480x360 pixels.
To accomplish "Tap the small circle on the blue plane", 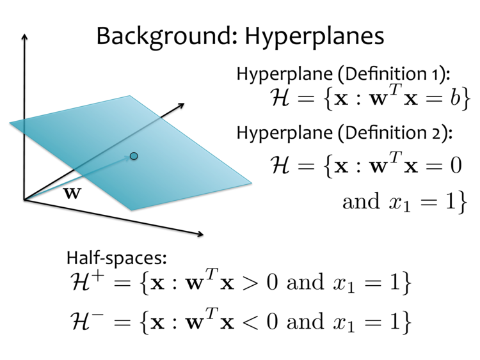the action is click(134, 156).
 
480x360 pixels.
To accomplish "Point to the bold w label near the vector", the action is click(72, 193).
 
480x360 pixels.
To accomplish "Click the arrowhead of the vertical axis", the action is click(24, 36).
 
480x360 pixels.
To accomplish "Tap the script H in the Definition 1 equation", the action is click(280, 98).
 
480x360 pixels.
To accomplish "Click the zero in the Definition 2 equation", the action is click(456, 165).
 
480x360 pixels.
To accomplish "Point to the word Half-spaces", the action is click(116, 258).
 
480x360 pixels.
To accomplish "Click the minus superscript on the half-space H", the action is click(97, 315).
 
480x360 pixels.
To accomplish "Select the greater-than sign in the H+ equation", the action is click(250, 282).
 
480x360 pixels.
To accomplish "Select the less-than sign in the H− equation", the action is click(250, 322).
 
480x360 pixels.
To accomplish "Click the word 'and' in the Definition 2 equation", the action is click(361, 201).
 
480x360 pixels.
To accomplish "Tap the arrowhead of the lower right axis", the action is click(200, 234).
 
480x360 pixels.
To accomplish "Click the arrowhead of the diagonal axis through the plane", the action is click(181, 106).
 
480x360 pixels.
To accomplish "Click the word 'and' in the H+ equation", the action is click(305, 282).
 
